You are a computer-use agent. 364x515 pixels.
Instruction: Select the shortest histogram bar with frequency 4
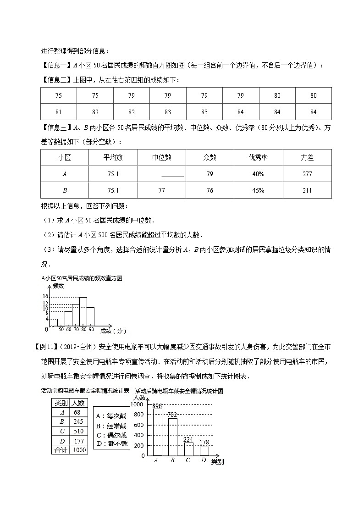(61, 322)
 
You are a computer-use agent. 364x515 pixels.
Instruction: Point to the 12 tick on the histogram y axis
(45, 303)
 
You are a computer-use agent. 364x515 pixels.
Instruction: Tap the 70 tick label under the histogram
(76, 329)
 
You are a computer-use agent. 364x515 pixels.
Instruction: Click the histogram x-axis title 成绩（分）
(112, 331)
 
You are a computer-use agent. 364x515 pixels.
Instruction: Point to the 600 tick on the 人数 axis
(139, 425)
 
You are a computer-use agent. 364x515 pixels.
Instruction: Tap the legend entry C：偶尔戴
(112, 435)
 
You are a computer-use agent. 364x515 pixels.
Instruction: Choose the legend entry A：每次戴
(112, 416)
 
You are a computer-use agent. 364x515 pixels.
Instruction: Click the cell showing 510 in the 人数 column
(78, 431)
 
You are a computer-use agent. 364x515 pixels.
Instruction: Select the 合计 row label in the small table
(61, 450)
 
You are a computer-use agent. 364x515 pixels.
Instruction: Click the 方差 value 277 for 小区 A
(307, 174)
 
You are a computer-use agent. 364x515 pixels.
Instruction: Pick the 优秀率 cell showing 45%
(258, 190)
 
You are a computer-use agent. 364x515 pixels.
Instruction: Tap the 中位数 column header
(161, 157)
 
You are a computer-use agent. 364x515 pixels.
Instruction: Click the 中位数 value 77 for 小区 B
(161, 190)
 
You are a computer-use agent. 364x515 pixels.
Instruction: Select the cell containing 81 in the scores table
(59, 112)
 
